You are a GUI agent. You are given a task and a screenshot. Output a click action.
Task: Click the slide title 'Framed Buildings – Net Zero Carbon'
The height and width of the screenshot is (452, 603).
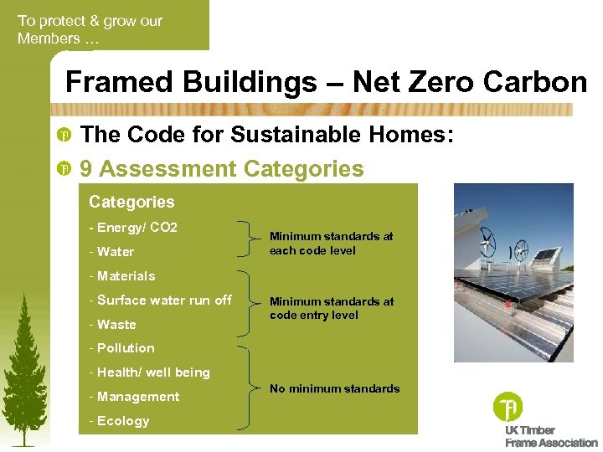tap(327, 82)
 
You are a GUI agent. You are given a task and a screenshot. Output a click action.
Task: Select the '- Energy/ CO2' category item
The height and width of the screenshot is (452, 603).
tap(133, 228)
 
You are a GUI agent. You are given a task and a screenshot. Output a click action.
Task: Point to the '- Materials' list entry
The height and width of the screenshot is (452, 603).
tap(122, 276)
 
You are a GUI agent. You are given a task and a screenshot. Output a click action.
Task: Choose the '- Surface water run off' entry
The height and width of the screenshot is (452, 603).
tap(160, 300)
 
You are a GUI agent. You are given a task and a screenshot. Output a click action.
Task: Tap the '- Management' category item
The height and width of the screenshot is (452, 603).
tap(134, 397)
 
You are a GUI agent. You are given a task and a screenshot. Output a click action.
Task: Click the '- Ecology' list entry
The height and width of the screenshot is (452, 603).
tap(119, 421)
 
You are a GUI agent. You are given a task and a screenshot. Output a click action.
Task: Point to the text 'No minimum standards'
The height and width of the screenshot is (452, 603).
tap(334, 388)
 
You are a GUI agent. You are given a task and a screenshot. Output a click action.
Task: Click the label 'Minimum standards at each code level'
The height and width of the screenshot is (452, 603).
tap(331, 244)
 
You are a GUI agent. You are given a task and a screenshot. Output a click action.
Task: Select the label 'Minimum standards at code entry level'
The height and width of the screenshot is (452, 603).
tap(331, 308)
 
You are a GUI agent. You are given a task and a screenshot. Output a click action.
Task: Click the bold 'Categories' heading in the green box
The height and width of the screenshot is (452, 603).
tap(131, 202)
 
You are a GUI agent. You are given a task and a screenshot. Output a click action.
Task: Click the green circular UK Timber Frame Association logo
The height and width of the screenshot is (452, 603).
tap(508, 407)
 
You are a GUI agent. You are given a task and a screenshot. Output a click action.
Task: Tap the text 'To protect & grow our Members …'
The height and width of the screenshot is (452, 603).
tap(90, 29)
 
